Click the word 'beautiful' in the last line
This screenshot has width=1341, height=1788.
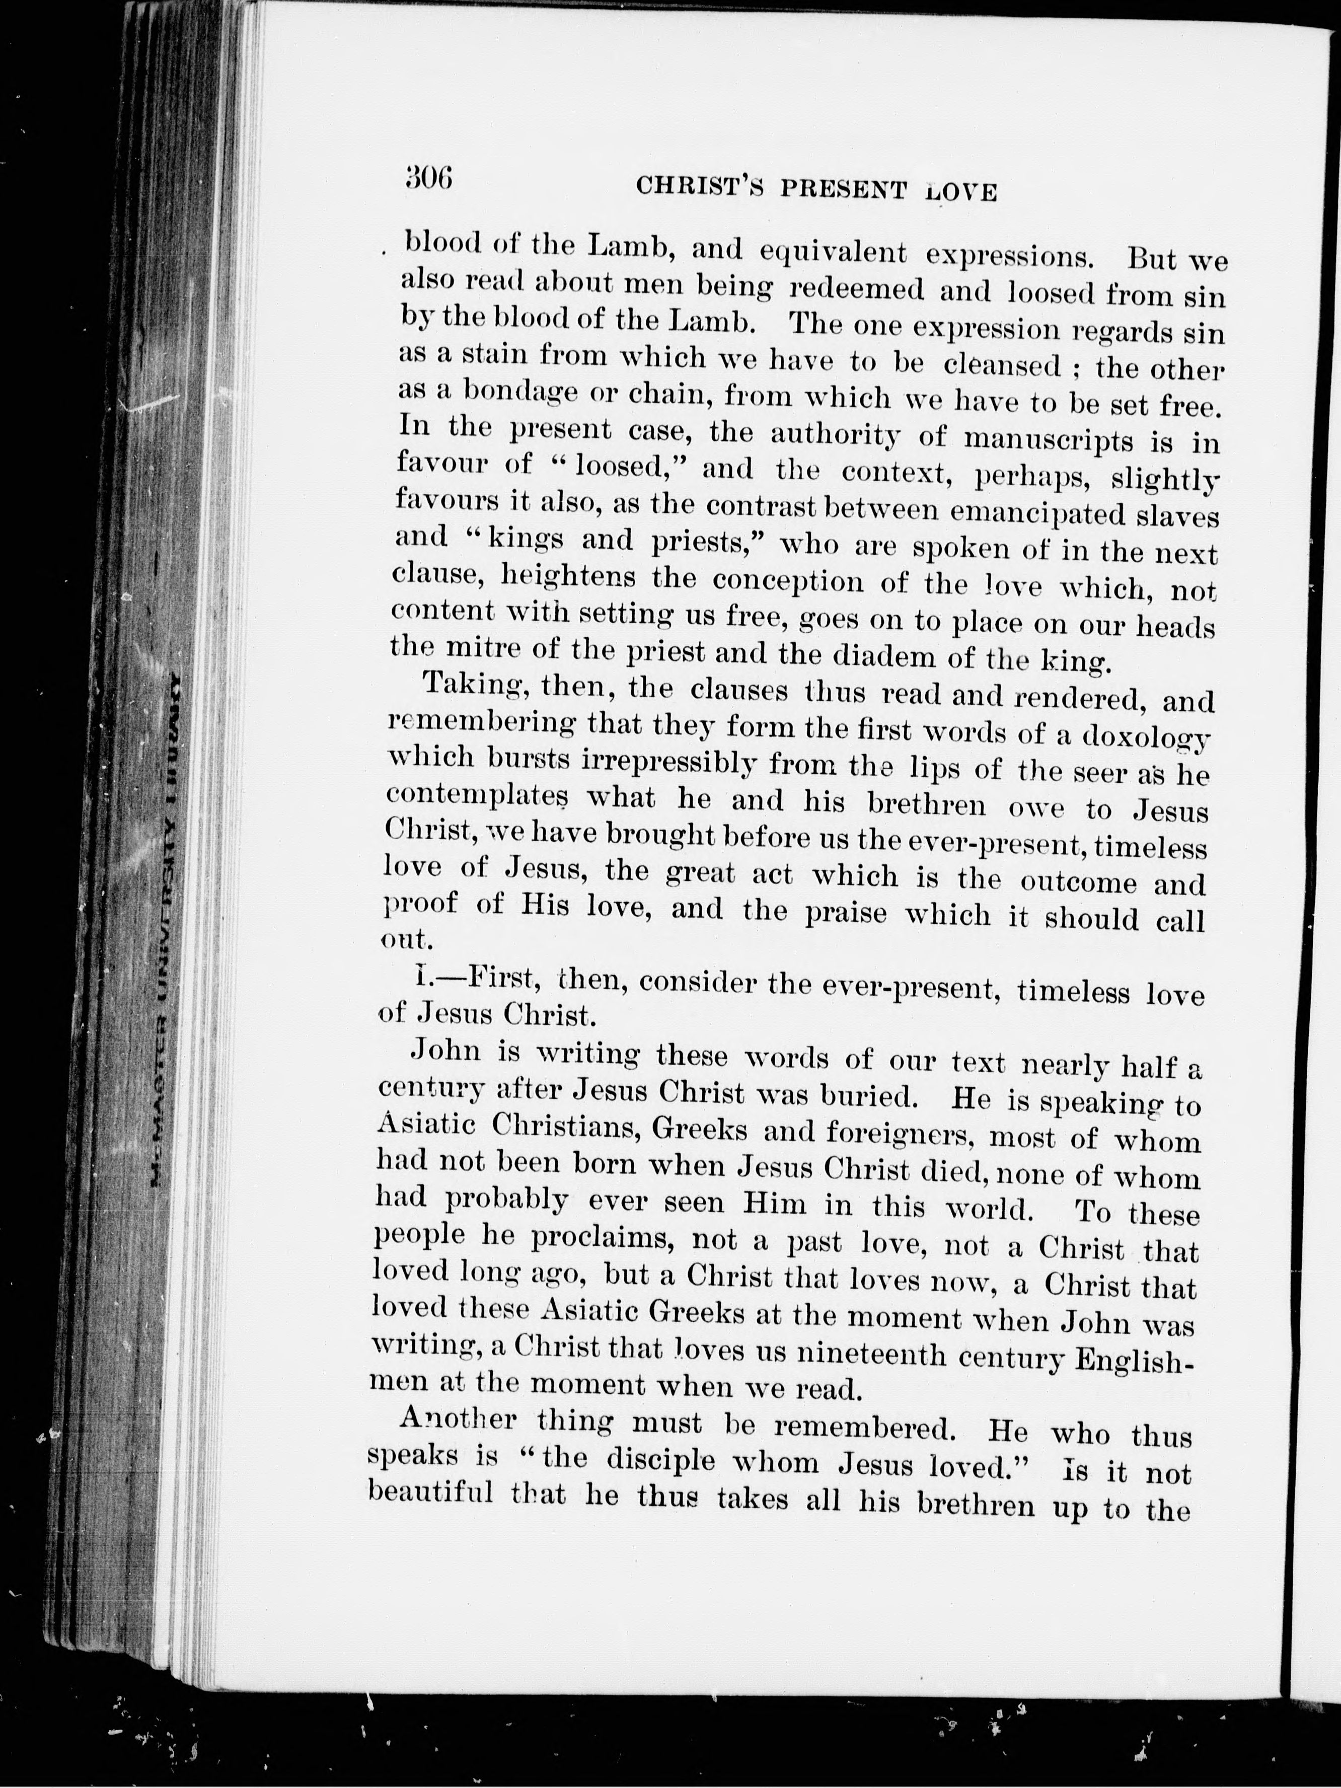click(430, 1494)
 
